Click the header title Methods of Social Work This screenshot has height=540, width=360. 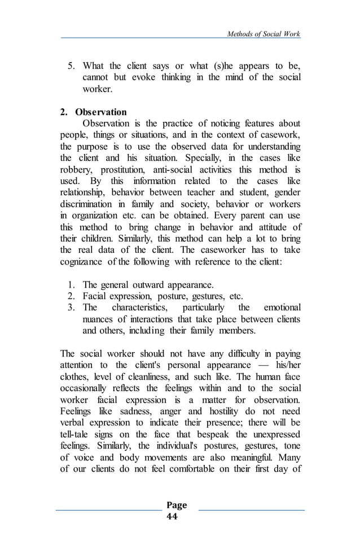click(264, 34)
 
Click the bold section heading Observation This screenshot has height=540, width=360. click(104, 112)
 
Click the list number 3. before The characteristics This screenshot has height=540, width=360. click(72, 308)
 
